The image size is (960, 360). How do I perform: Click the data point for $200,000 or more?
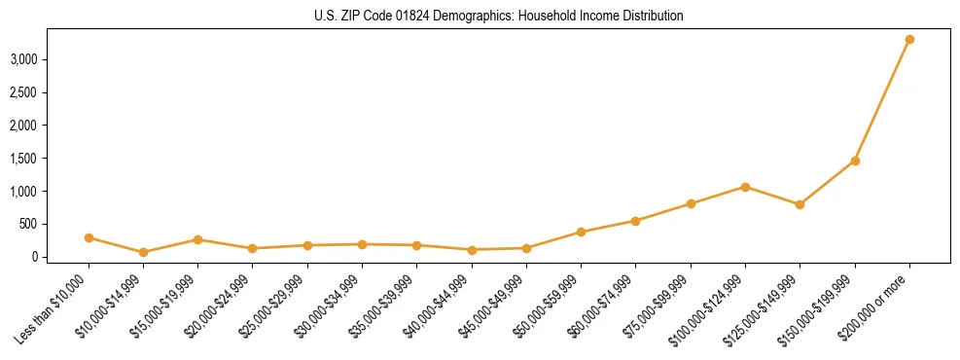click(x=909, y=40)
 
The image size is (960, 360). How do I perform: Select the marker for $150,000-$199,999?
click(x=855, y=161)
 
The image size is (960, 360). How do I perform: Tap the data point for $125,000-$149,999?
click(x=800, y=204)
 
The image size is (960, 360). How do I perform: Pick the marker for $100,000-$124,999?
click(x=745, y=187)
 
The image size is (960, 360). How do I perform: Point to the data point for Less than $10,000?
click(x=89, y=237)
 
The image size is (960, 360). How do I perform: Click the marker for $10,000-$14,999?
click(x=143, y=252)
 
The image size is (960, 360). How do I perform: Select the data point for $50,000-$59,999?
click(x=581, y=232)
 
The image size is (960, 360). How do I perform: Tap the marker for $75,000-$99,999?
click(x=691, y=203)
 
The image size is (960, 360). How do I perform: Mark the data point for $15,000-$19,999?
click(x=197, y=239)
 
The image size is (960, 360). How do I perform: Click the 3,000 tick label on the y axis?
click(x=51, y=59)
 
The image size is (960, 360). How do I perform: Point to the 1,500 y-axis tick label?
click(x=51, y=159)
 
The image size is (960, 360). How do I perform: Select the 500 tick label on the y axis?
click(x=55, y=224)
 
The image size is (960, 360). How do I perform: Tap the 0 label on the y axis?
click(x=61, y=257)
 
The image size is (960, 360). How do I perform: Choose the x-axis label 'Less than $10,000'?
click(x=52, y=307)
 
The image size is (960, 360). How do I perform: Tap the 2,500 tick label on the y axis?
click(x=51, y=92)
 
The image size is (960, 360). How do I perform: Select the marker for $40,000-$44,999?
click(x=472, y=250)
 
